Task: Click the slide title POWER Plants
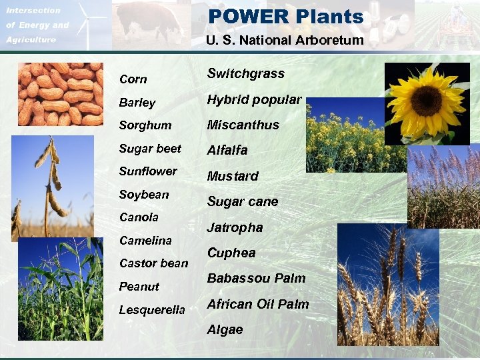click(x=285, y=17)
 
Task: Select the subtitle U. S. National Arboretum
click(x=285, y=40)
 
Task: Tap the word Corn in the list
click(x=133, y=79)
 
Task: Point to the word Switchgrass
click(x=245, y=73)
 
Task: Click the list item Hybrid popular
click(x=254, y=99)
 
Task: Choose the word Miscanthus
click(x=243, y=125)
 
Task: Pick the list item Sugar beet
click(x=149, y=149)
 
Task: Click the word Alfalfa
click(x=227, y=150)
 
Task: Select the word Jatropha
click(x=235, y=227)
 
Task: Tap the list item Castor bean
click(x=153, y=263)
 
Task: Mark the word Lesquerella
click(x=151, y=309)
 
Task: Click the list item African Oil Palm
click(x=257, y=304)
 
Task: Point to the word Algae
click(x=225, y=329)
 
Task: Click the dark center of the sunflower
click(x=426, y=101)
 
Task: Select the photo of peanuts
click(x=60, y=94)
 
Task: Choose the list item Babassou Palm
click(x=256, y=278)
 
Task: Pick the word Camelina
click(x=145, y=240)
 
